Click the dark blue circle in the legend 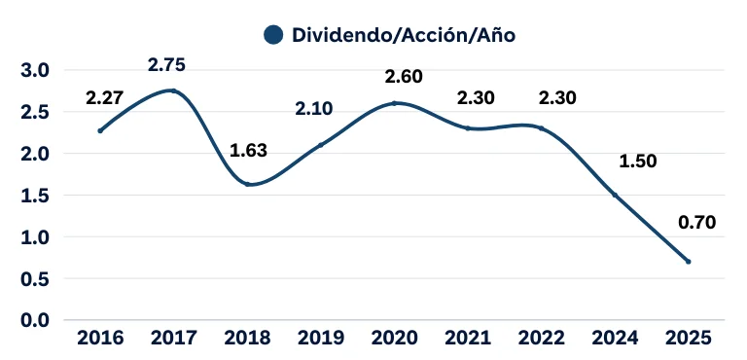[x=273, y=34]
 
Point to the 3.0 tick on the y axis [x=35, y=70]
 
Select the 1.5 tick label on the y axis [x=35, y=196]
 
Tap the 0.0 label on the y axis [x=35, y=320]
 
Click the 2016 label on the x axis [x=99, y=340]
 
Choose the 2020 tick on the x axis [x=394, y=340]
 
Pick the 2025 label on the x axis [x=688, y=340]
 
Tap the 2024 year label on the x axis [x=615, y=340]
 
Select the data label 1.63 [x=247, y=151]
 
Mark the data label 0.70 [x=696, y=222]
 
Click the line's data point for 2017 [x=173, y=90]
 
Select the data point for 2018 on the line [x=247, y=184]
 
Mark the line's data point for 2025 [x=689, y=262]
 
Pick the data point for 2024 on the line [x=615, y=195]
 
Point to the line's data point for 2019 [x=320, y=145]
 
